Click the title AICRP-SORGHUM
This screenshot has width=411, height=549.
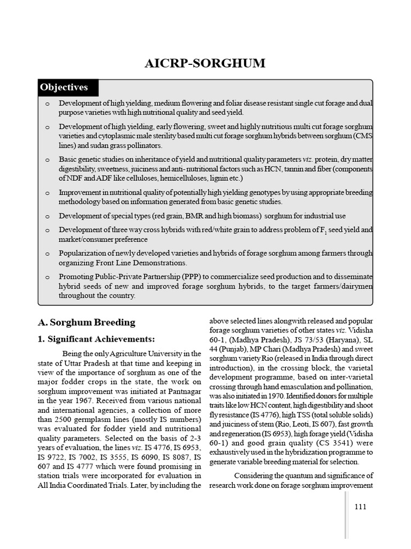point(205,63)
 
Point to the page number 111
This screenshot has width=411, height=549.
point(361,507)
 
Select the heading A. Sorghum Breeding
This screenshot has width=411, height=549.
point(87,322)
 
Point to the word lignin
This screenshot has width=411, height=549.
point(212,178)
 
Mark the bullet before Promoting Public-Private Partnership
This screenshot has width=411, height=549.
point(47,278)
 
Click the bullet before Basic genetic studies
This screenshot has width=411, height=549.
point(47,160)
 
